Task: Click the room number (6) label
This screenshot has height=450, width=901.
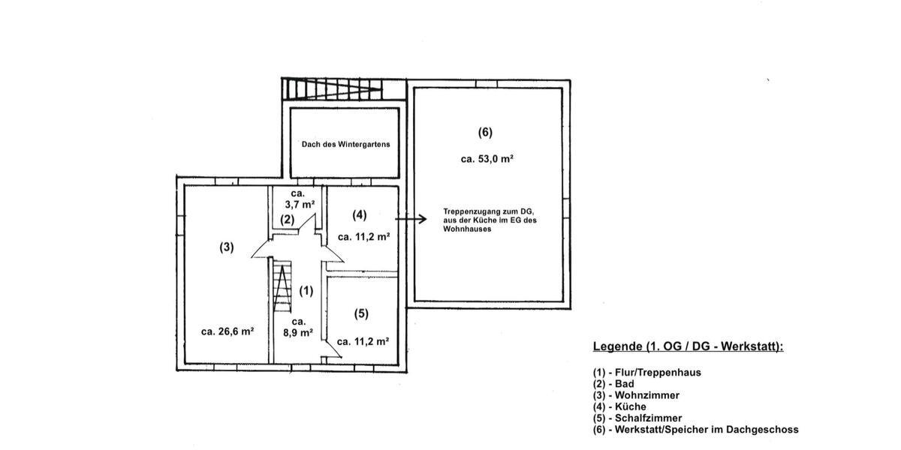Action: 485,133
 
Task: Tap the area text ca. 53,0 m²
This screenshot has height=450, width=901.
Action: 487,159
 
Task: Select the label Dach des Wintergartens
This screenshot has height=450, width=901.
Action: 345,144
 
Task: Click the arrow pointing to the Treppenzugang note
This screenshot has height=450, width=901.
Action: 411,219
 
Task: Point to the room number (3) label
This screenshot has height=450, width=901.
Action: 227,247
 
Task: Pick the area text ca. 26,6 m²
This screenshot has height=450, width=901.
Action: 227,331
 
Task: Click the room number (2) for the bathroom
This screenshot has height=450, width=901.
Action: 287,220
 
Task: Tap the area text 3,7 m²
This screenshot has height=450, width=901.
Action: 300,203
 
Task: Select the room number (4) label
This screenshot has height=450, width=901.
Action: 360,215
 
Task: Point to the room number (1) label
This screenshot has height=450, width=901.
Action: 306,289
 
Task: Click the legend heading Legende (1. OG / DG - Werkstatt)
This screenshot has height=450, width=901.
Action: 688,346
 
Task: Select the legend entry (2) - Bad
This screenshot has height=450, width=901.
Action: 613,383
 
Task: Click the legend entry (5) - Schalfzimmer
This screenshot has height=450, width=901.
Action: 637,418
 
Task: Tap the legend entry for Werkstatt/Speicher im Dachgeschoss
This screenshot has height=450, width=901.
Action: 695,430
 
